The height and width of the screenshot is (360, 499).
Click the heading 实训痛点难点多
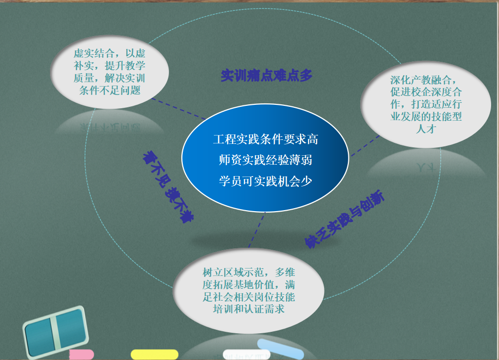pos(266,76)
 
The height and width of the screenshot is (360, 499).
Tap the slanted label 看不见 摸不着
pos(168,187)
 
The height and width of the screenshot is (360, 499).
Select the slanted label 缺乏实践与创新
pos(344,219)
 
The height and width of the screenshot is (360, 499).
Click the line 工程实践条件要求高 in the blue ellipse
pos(265,139)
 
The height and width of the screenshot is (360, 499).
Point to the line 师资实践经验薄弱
pos(265,160)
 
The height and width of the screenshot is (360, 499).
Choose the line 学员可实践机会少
pos(265,181)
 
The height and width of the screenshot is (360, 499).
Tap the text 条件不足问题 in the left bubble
pos(110,90)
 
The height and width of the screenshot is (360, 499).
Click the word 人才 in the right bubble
pos(426,129)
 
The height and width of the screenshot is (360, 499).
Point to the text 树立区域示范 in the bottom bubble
pos(233,272)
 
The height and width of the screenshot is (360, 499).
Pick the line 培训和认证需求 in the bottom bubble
pos(249,309)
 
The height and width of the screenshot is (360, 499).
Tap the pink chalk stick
pos(82,355)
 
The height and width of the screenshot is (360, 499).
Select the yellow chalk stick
pos(155,354)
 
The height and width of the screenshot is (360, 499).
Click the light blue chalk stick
pos(280,349)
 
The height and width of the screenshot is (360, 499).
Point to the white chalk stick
pos(247,355)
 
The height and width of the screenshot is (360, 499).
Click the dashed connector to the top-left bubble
pos(178,109)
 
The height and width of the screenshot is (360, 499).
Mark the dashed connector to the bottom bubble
pos(256,230)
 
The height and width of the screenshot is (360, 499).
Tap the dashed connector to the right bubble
pos(365,146)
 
